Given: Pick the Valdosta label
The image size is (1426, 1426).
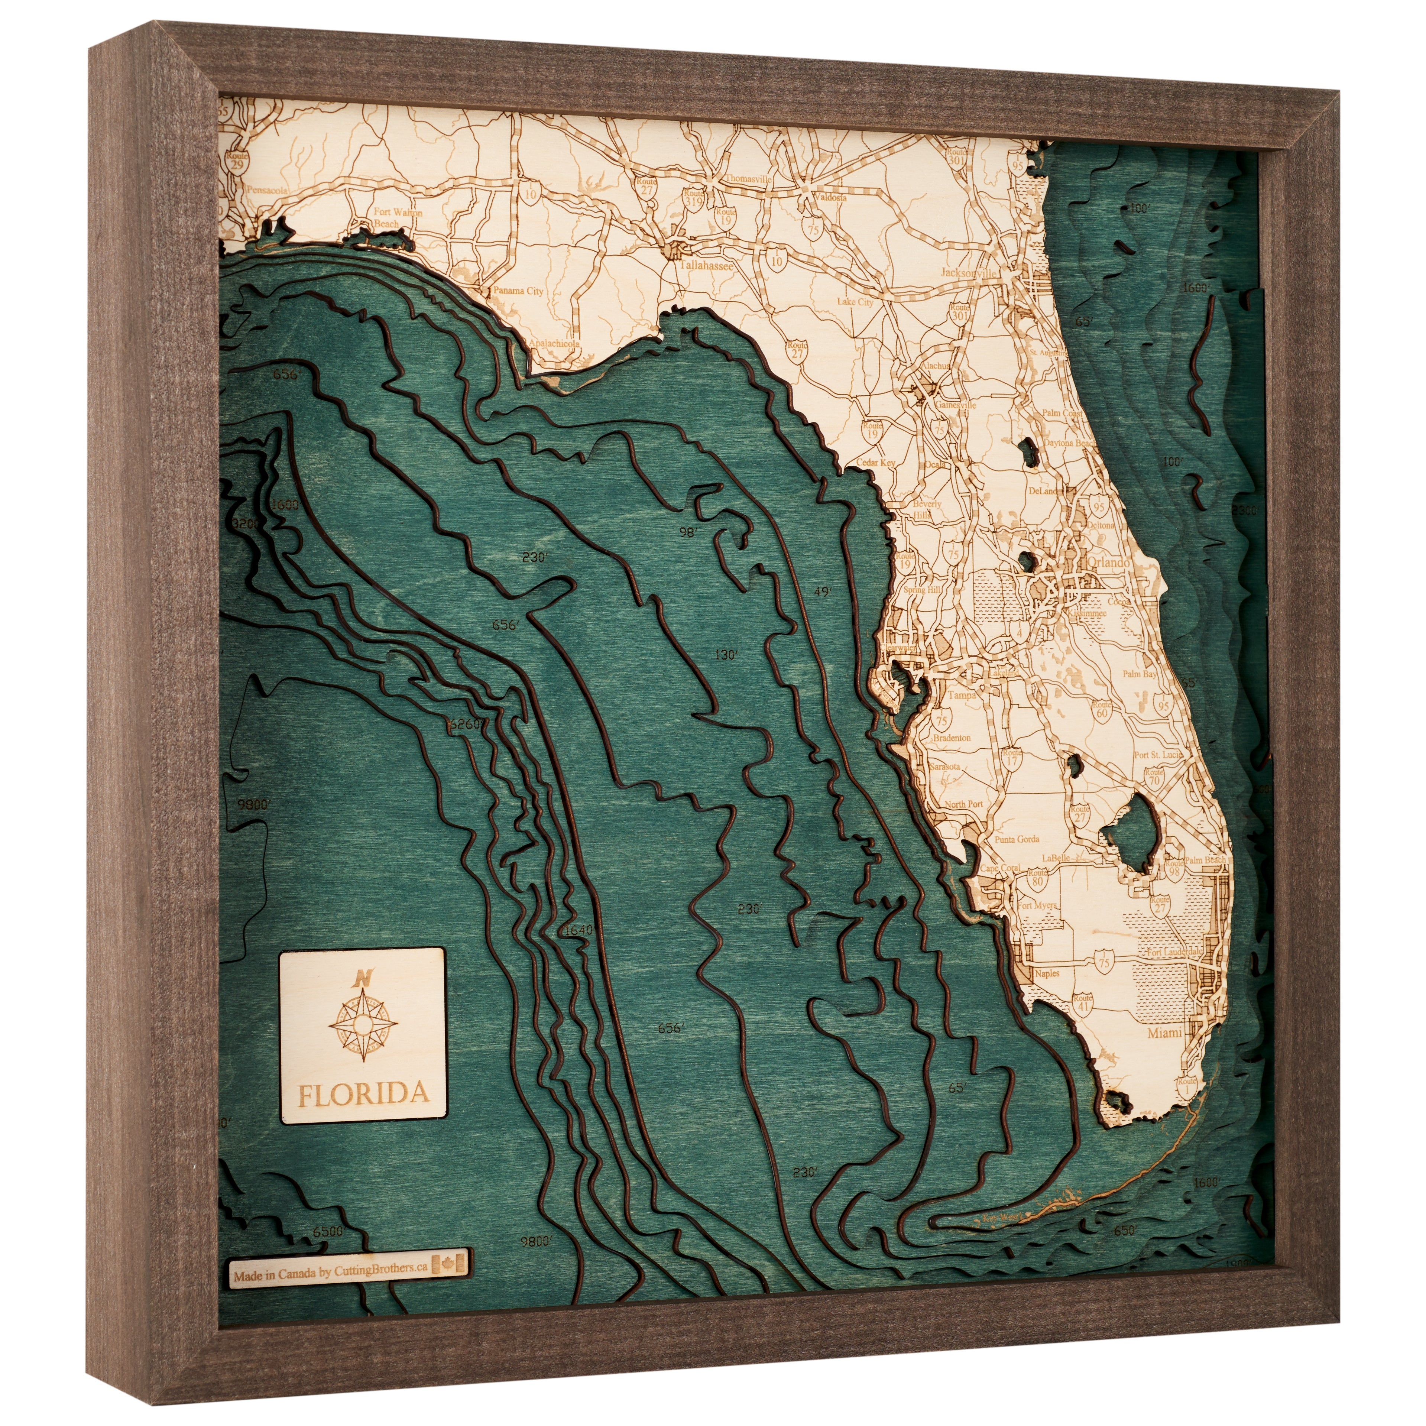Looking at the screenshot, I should (x=830, y=197).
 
